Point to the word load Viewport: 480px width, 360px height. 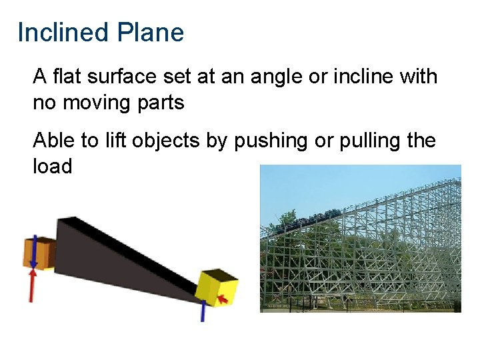tap(52, 166)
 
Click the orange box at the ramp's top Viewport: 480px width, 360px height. tap(37, 253)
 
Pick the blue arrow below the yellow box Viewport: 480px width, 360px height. tap(203, 310)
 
